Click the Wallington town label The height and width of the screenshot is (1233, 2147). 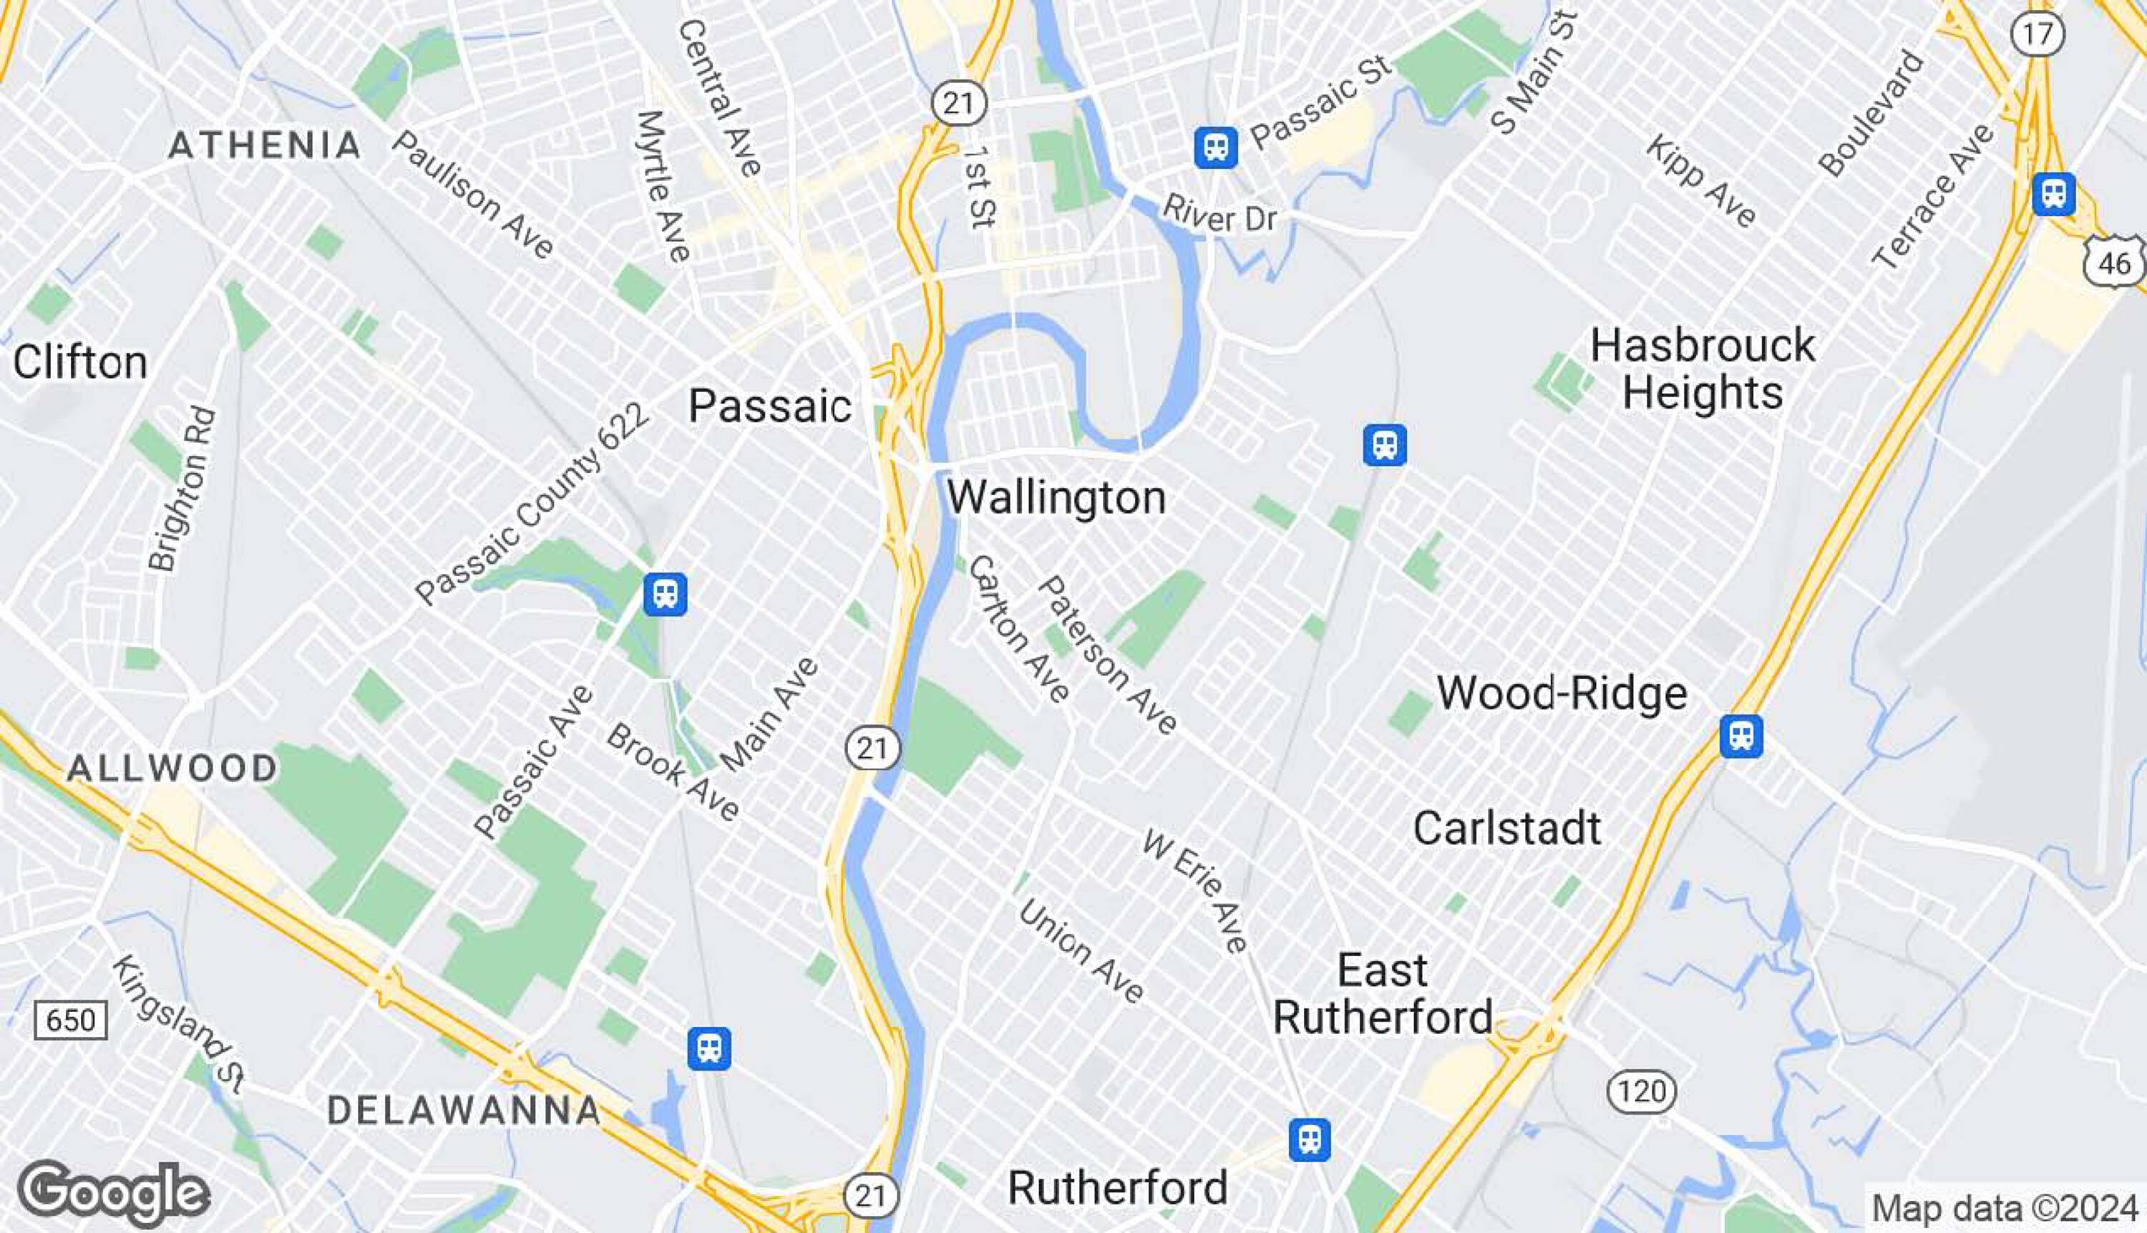(x=1056, y=497)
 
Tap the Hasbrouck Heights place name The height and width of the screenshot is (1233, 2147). (x=1703, y=369)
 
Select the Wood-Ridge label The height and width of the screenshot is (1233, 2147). (x=1562, y=693)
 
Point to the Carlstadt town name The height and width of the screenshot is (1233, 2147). (x=1506, y=828)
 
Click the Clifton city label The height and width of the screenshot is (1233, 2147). (x=79, y=362)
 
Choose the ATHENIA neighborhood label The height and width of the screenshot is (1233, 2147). (x=265, y=146)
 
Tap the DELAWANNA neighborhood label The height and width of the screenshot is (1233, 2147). (x=463, y=1110)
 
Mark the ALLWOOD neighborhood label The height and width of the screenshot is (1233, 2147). (x=172, y=768)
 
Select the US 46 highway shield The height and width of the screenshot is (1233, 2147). (x=2114, y=263)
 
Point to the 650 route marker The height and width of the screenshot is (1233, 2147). (x=70, y=1020)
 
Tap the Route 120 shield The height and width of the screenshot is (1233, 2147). (x=1641, y=1091)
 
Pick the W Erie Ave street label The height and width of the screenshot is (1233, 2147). (x=1195, y=892)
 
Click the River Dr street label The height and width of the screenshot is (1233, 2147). (x=1219, y=214)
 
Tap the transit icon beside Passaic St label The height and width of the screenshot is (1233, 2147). (x=1215, y=147)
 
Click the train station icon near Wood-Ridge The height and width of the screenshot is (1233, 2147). (x=1741, y=736)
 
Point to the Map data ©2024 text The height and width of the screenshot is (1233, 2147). (x=2004, y=1207)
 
